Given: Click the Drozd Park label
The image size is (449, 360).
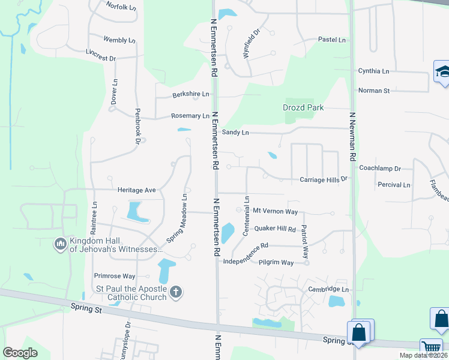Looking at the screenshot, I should pos(303,108).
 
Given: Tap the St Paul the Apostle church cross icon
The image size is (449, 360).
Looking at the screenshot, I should pos(176,292).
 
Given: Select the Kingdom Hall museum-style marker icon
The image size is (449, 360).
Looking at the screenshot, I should pos(60,244).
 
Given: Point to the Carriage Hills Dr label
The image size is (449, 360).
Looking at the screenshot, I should pos(324,179).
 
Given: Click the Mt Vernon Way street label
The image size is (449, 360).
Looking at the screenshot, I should pos(275,211).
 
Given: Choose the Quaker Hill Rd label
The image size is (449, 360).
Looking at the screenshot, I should pos(275,229).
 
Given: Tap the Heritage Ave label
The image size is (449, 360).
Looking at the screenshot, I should pos(137,190).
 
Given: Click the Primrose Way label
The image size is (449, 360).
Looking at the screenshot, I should pos(115,276).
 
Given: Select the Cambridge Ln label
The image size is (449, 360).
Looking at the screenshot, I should pos(328,289).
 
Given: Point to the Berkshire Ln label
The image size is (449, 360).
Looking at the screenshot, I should pos(191,94).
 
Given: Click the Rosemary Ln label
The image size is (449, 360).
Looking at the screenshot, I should pos(190,116).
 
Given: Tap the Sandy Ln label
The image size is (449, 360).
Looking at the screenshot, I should pos(235,132).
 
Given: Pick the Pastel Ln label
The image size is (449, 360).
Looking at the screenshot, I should pos(332,40).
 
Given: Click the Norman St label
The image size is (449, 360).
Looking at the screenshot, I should pos(374,91).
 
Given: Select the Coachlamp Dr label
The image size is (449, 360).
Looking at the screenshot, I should pos(380,169).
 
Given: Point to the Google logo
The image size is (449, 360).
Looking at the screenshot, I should pos(20,353).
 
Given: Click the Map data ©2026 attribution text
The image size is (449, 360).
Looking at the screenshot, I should pos(423,355).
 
